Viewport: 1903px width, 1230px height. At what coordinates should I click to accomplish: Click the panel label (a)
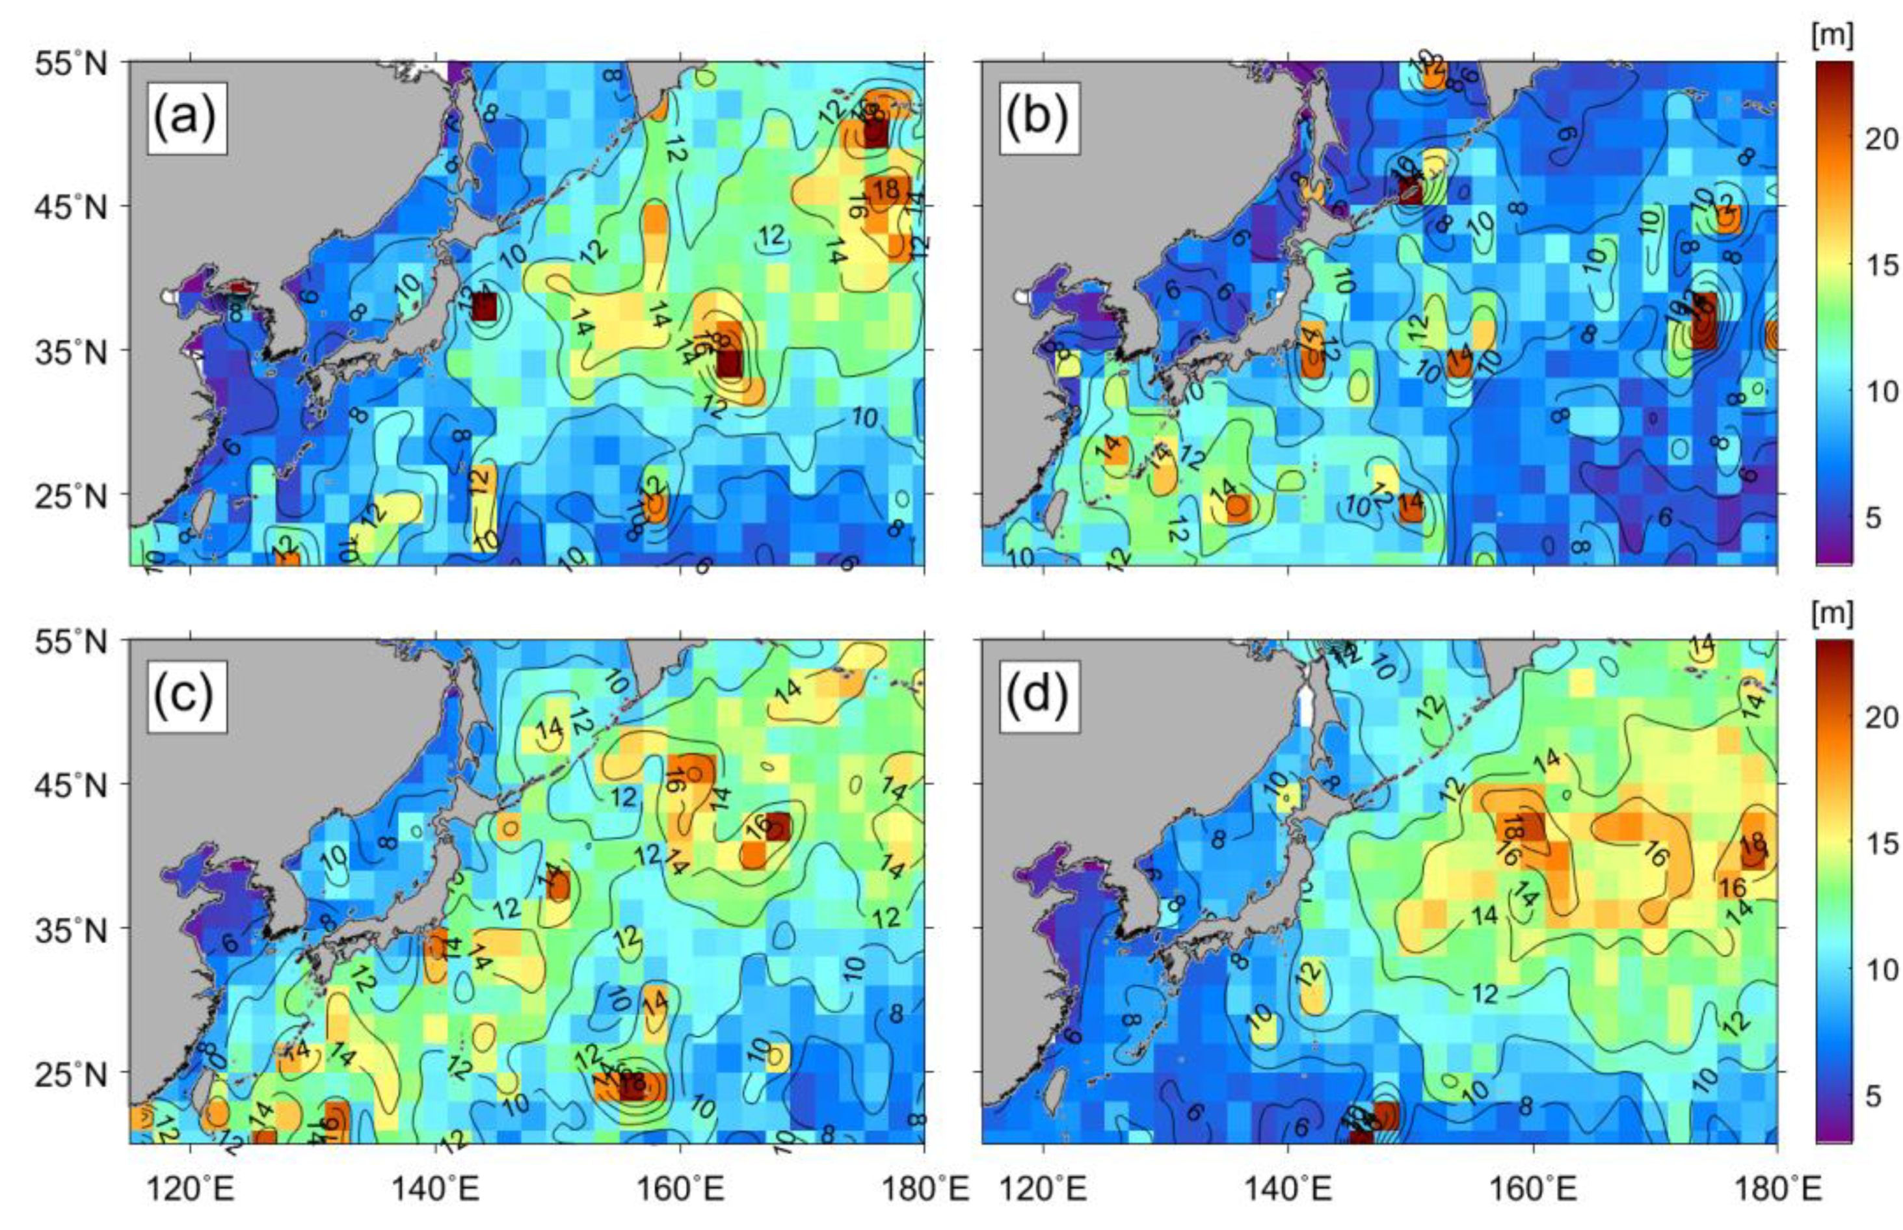point(185,118)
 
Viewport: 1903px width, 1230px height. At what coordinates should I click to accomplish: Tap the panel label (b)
point(1037,118)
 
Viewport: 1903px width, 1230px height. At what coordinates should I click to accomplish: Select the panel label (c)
point(185,696)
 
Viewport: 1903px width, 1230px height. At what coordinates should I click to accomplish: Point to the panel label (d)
point(1037,696)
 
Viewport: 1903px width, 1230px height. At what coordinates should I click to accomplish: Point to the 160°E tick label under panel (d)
point(1532,1192)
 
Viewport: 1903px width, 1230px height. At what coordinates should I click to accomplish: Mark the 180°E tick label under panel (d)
point(1777,1192)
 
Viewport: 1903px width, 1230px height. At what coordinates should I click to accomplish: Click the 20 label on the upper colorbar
point(1876,140)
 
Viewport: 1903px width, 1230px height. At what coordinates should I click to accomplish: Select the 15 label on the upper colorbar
point(1876,265)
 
